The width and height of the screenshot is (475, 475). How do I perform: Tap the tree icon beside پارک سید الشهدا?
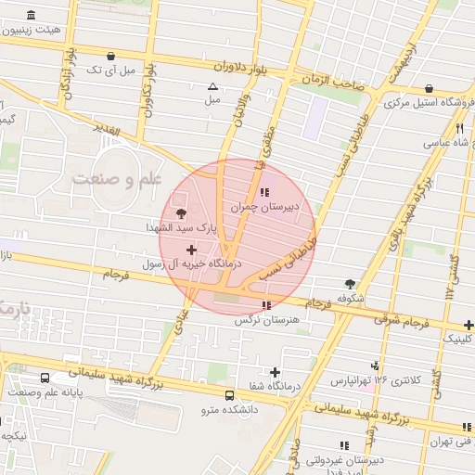coord(181,214)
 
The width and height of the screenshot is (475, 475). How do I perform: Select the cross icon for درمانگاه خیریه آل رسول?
coord(192,249)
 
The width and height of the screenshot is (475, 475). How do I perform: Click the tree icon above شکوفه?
coord(349,284)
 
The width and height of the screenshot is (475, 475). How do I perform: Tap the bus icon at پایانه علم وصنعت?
coord(45,379)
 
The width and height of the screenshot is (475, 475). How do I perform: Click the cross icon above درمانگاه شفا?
coord(276,372)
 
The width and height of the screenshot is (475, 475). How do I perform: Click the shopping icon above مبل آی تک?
coord(112,56)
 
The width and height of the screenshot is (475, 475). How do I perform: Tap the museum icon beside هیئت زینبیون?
coord(32,16)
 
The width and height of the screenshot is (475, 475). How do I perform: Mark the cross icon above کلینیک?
coord(469,325)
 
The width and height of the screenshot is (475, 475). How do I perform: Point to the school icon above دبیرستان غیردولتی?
coord(347,445)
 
